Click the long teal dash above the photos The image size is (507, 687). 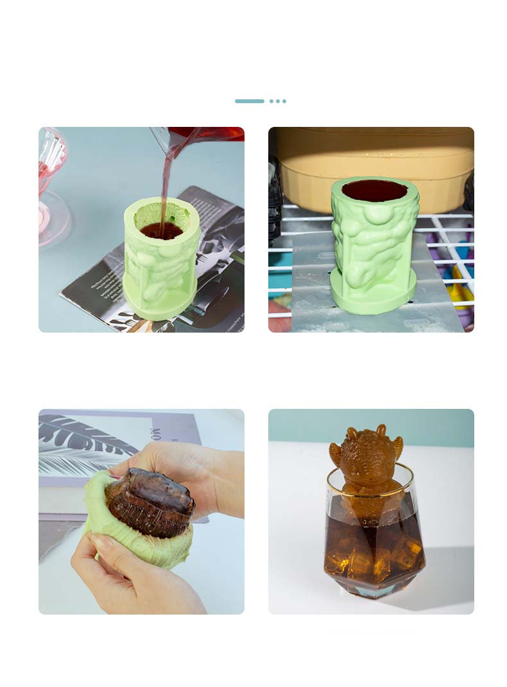(249, 101)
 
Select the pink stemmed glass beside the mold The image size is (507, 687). (51, 186)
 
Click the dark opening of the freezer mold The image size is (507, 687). (374, 190)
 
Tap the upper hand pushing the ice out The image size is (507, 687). (193, 474)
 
